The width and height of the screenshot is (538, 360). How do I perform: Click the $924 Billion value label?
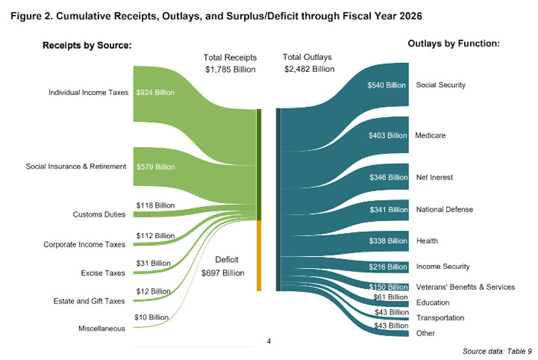(155, 93)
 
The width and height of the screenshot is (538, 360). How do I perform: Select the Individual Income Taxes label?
(89, 93)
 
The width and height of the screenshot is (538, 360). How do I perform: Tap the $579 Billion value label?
(155, 167)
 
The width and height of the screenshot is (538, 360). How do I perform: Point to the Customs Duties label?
(99, 215)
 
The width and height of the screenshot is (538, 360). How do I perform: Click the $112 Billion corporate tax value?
(155, 236)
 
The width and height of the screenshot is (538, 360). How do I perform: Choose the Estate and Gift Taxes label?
(89, 301)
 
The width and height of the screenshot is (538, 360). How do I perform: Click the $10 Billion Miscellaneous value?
(151, 317)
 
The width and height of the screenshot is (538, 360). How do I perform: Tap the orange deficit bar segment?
(259, 256)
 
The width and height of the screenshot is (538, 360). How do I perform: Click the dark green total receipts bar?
(259, 164)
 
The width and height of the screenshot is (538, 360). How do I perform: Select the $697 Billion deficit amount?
(223, 273)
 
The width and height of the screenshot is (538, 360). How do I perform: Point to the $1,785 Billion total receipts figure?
(230, 69)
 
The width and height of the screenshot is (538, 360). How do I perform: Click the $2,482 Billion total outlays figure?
(309, 69)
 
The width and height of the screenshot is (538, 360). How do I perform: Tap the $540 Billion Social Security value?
(386, 86)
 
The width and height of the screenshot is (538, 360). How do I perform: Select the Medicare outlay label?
(430, 136)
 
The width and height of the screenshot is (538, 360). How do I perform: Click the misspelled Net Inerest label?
(435, 178)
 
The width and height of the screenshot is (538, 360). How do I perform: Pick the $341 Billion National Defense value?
(388, 210)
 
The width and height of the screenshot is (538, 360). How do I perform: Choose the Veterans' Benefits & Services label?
(465, 287)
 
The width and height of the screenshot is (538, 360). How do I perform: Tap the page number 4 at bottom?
(269, 341)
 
